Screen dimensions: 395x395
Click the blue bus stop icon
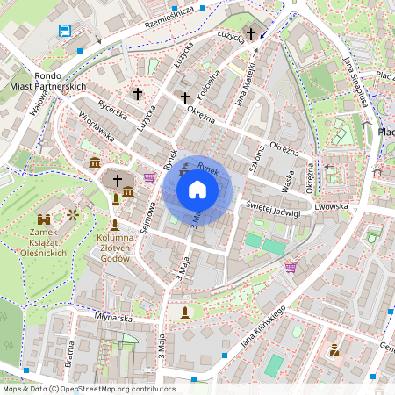65,32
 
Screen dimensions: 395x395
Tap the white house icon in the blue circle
197,189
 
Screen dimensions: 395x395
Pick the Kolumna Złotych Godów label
115,248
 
